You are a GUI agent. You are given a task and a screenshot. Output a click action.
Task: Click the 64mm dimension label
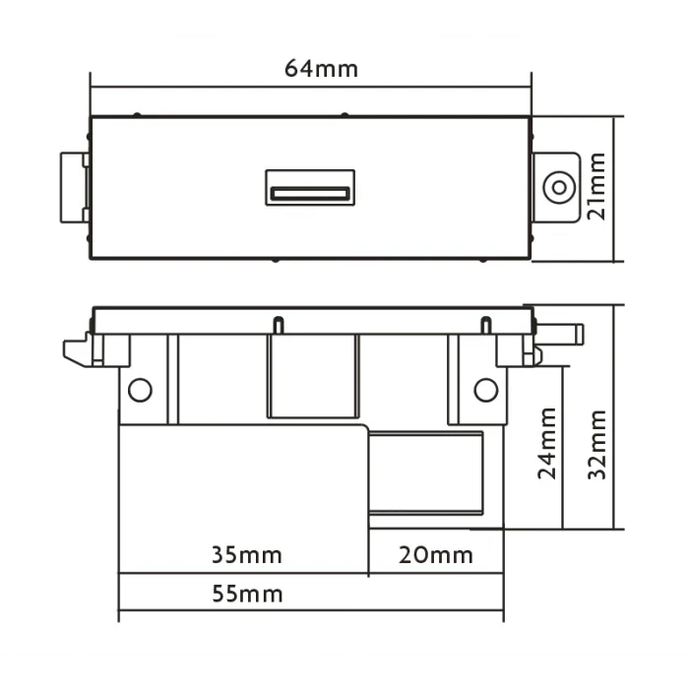(x=321, y=69)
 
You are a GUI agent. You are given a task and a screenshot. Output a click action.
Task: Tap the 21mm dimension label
(x=596, y=186)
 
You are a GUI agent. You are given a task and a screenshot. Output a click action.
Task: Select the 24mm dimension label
(x=547, y=443)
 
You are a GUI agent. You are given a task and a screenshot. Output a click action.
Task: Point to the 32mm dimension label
(x=597, y=444)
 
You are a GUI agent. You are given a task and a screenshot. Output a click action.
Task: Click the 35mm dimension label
(x=246, y=555)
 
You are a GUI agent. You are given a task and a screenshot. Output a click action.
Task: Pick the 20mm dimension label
(x=435, y=555)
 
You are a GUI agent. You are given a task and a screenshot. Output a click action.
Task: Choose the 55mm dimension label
(x=247, y=595)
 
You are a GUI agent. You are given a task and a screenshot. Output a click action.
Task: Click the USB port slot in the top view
(x=310, y=193)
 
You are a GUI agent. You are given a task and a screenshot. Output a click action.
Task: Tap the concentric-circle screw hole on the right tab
(x=559, y=188)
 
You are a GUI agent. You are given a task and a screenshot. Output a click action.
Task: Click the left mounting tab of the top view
(x=75, y=188)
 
